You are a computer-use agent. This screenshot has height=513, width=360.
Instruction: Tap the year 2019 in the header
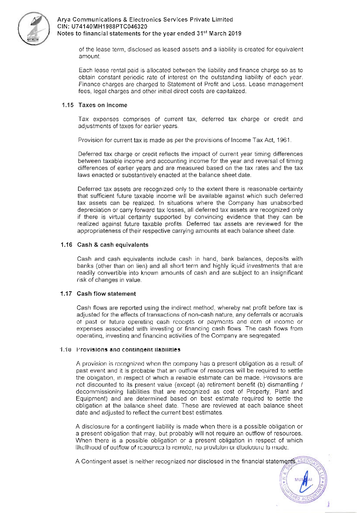point(234,33)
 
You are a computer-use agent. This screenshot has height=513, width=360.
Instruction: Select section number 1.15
point(68,105)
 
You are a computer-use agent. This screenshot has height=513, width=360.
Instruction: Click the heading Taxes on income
point(103,105)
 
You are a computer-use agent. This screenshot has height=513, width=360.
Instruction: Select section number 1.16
point(66,245)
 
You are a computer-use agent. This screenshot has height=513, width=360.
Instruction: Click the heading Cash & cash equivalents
point(113,245)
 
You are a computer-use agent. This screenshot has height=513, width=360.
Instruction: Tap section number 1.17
point(66,294)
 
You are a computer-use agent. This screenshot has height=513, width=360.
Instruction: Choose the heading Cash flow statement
point(106,294)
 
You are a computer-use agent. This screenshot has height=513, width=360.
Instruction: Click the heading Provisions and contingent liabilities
point(128,349)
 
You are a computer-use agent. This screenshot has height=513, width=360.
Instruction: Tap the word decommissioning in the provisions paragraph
point(100,391)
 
